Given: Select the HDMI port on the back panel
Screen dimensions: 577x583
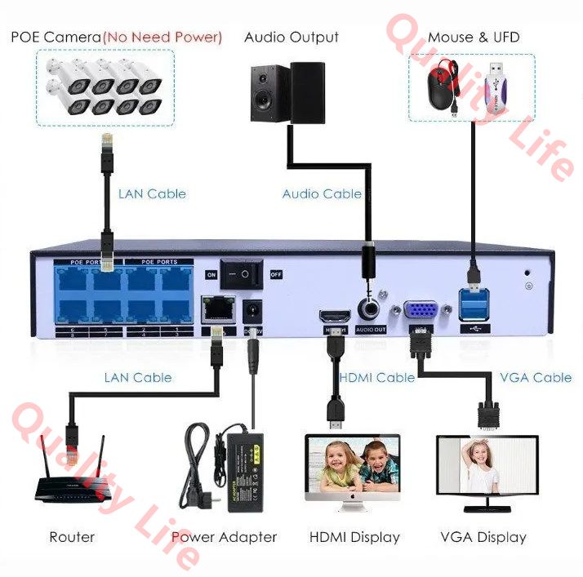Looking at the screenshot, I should (x=335, y=317).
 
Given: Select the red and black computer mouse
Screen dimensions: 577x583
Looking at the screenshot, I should (x=446, y=85).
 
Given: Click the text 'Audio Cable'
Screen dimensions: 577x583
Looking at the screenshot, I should (x=322, y=193).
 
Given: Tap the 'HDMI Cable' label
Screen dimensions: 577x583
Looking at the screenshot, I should (x=377, y=377).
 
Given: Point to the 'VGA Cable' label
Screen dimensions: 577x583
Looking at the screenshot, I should (x=536, y=377).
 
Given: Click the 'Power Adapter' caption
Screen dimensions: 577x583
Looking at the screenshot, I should (x=225, y=537).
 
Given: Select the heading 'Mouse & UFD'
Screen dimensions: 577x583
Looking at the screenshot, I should (x=473, y=37).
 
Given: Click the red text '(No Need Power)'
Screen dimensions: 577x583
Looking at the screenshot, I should (x=162, y=37).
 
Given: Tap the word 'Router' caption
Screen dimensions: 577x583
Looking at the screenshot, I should (x=72, y=537).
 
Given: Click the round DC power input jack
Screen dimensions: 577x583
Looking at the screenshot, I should (x=253, y=312).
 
